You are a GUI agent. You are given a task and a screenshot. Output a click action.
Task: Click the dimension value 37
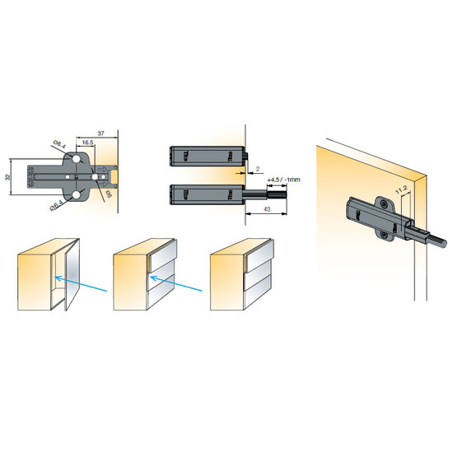(x=100, y=133)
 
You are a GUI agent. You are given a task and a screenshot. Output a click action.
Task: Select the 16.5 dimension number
(x=87, y=142)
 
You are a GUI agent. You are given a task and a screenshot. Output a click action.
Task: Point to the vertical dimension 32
(x=7, y=177)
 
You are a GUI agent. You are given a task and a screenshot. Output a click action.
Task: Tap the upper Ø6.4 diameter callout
(x=60, y=144)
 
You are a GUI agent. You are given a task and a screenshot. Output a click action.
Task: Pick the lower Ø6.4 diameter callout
(x=57, y=205)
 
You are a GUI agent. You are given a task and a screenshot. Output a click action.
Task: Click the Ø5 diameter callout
(x=109, y=194)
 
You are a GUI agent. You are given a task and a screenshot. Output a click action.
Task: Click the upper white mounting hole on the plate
(x=77, y=159)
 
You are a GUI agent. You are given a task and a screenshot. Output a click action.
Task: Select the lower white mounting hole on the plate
(x=77, y=195)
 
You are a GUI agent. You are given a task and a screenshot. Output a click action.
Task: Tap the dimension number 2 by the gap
(x=258, y=169)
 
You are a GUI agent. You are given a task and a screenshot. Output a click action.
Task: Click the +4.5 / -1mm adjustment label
(x=283, y=180)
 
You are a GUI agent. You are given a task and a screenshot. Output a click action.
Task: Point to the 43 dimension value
(x=267, y=209)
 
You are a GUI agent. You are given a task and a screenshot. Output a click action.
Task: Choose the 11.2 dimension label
(x=401, y=190)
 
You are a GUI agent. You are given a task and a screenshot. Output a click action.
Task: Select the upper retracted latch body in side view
(x=207, y=156)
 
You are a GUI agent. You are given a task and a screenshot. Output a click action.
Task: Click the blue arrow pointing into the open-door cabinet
(x=81, y=284)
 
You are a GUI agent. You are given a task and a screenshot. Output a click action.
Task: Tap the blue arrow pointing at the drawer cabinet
(x=176, y=283)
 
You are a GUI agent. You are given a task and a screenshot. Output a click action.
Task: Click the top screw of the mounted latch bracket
(x=384, y=204)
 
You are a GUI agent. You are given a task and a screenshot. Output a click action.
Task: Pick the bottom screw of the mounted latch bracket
(x=384, y=235)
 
